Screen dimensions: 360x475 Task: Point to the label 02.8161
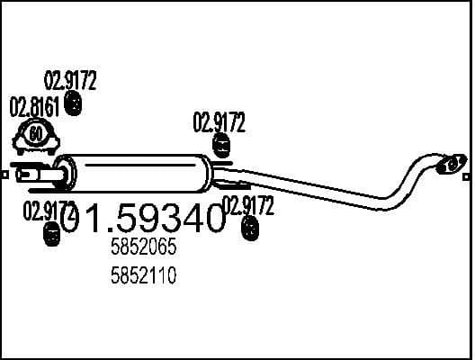[x=34, y=108]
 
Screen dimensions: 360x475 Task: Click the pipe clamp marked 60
[x=36, y=137]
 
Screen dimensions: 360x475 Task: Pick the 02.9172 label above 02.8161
[x=71, y=81]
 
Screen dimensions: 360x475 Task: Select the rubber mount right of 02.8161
[x=76, y=106]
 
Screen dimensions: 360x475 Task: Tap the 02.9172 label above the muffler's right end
[x=219, y=122]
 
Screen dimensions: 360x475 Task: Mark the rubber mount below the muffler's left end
[x=52, y=236]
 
